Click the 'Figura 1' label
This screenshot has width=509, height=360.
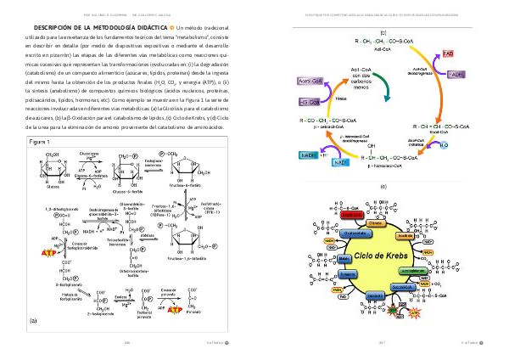click(45, 141)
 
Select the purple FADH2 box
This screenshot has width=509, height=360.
click(456, 75)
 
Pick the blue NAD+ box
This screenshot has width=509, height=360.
click(340, 161)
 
